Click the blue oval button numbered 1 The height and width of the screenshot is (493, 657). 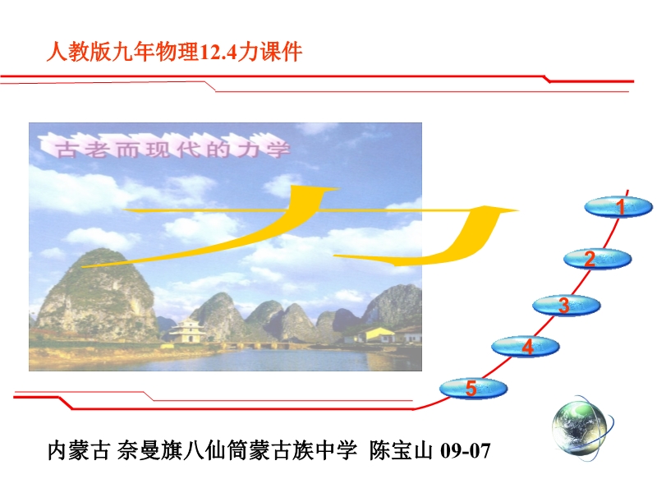pos(618,207)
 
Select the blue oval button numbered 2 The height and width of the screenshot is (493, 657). pos(598,259)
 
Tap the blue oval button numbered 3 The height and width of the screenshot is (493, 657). pos(567,305)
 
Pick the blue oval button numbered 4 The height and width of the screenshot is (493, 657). pos(526,346)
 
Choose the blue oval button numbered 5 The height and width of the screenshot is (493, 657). pos(474,388)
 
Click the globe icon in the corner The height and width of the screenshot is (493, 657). pos(581,428)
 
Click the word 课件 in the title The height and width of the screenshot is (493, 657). pos(281,52)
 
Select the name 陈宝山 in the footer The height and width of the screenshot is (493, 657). pos(401,450)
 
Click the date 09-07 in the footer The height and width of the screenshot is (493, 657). pos(466,451)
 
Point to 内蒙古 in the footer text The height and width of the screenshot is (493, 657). pos(79,450)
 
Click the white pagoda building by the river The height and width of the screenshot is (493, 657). pos(187,331)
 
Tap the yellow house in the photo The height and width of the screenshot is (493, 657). pos(376,335)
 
